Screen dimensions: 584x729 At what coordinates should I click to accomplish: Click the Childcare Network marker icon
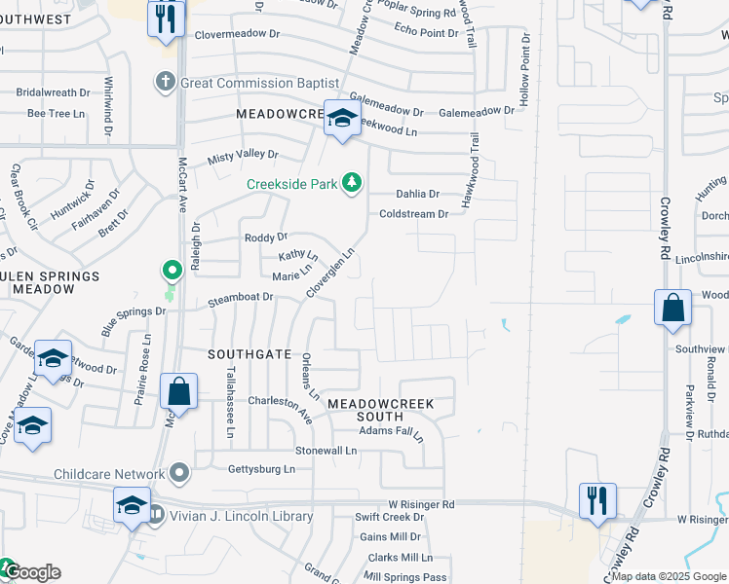pos(178,473)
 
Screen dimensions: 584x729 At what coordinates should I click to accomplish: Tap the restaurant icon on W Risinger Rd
pos(596,500)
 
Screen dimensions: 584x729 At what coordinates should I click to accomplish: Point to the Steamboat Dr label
pos(240,303)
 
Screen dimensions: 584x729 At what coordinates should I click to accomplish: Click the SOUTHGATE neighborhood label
pos(249,354)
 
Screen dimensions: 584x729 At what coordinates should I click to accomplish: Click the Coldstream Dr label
pos(413,214)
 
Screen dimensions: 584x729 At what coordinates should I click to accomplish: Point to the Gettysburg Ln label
pos(260,469)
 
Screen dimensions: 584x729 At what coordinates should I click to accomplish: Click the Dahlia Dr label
pos(417,194)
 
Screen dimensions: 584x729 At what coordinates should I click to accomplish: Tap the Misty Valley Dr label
pos(243,156)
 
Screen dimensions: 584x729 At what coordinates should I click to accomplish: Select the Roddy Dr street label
pos(266,237)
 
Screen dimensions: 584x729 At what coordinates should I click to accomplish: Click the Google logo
pos(32,572)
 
